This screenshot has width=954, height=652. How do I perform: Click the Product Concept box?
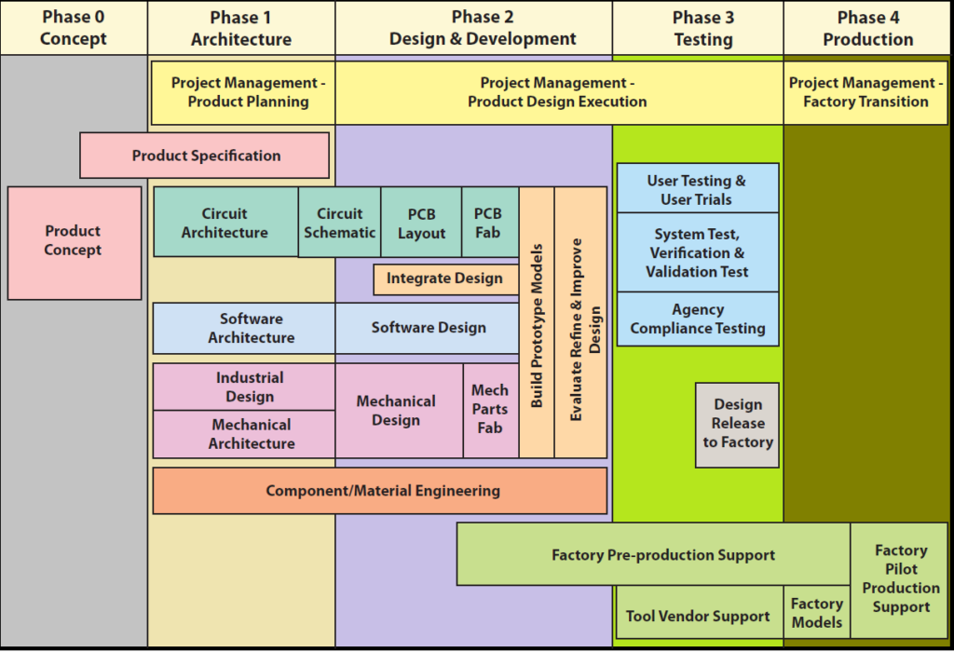point(75,242)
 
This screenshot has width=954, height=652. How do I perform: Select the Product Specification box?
point(205,156)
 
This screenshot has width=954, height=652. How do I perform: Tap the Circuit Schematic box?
point(340,223)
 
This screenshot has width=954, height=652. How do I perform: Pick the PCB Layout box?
point(421,223)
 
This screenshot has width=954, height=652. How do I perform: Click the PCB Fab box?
point(489,223)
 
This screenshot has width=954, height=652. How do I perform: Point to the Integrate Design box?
point(445,278)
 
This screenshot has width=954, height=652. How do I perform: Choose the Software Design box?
point(428,328)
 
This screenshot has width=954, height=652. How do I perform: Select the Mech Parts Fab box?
point(490,410)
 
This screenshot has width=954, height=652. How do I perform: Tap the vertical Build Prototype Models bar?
point(537,323)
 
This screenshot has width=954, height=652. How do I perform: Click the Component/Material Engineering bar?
point(380,491)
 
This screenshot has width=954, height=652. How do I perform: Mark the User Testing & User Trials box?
point(697,189)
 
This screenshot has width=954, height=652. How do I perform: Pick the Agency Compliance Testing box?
point(697,319)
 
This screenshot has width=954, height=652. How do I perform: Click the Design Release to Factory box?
point(737,425)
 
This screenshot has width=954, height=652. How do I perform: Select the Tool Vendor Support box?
point(699,615)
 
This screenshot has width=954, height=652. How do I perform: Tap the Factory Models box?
point(817,613)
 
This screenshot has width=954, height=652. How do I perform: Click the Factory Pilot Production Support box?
point(901,579)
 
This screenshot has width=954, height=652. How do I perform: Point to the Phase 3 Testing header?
point(703,28)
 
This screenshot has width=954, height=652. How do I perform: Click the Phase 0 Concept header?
point(74,28)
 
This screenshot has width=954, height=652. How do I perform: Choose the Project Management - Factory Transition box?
point(865,92)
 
